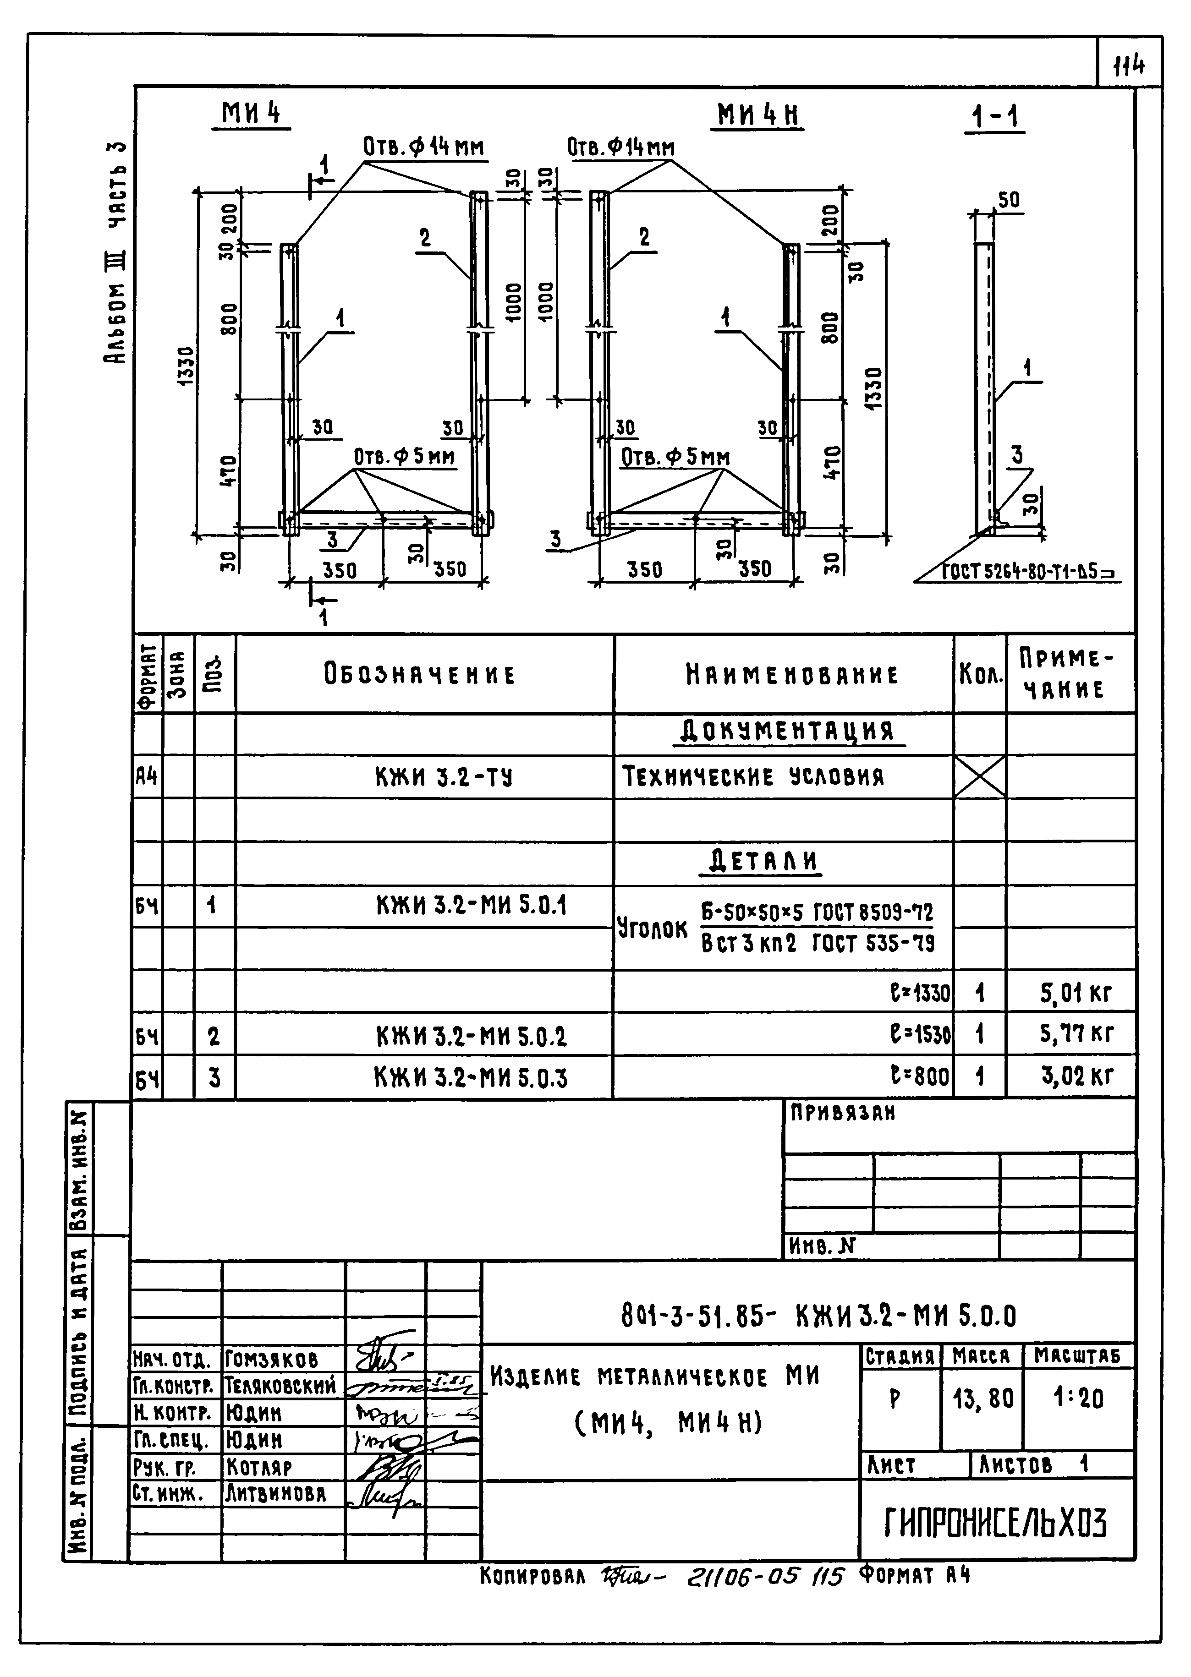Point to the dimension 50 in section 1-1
1009,200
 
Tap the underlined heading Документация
788,732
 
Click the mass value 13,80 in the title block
982,1399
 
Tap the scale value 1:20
1078,1399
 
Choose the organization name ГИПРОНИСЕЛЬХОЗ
995,1524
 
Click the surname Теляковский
280,1385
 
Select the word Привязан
843,1114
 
